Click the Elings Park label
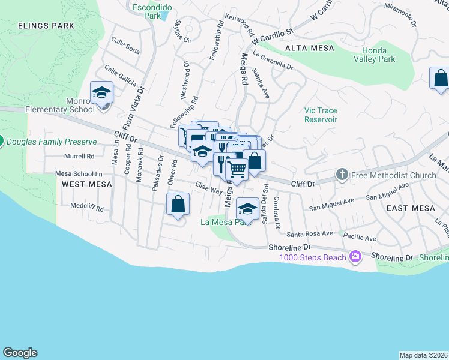[x=46, y=26]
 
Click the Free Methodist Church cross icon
[x=342, y=175]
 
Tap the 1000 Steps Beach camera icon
[x=355, y=257]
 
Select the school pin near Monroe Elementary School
[x=102, y=94]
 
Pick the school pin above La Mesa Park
[x=247, y=208]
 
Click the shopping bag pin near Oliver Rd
[x=178, y=205]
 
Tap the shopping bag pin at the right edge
[x=441, y=79]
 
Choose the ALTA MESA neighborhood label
[x=305, y=47]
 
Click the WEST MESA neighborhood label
[x=86, y=184]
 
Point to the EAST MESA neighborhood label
[x=411, y=208]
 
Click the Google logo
[x=20, y=353]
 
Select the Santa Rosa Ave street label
[x=310, y=233]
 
